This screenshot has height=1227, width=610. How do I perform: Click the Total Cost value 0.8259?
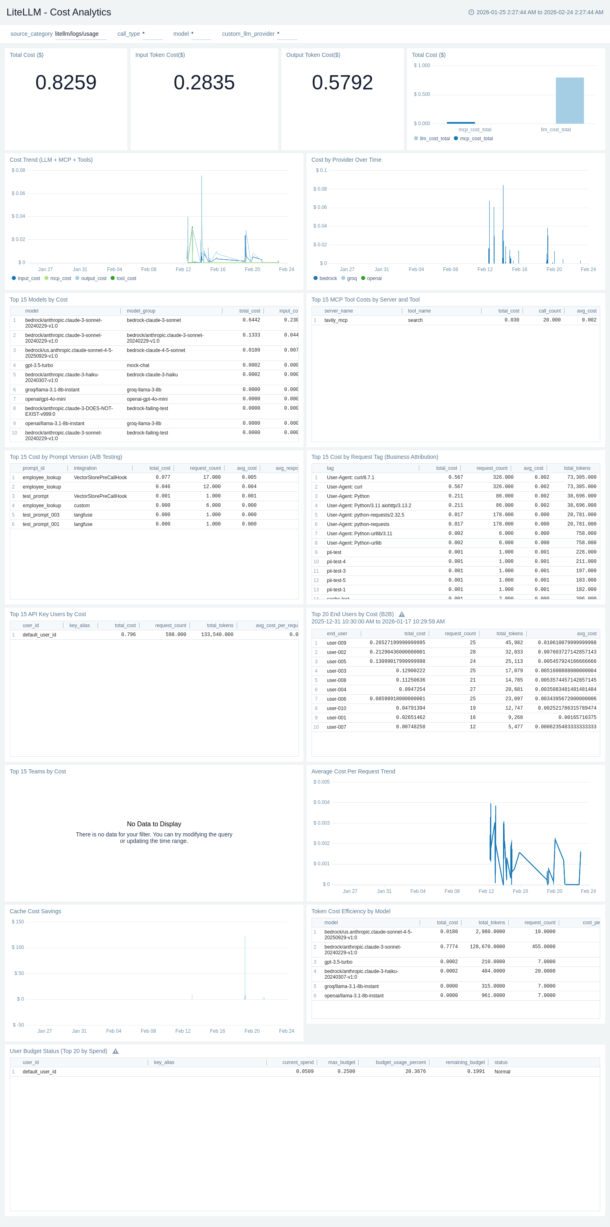click(x=66, y=83)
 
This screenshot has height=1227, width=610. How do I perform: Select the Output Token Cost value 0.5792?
click(x=342, y=83)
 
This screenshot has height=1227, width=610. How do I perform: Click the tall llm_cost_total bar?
click(x=569, y=100)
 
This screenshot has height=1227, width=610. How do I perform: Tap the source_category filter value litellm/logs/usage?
click(x=77, y=34)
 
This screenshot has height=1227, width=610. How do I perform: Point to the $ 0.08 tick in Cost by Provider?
click(x=320, y=189)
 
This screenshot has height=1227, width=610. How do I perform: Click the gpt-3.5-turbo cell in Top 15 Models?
click(x=39, y=365)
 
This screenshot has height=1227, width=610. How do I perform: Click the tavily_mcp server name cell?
click(x=336, y=320)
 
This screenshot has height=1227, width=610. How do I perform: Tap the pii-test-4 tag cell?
click(x=336, y=562)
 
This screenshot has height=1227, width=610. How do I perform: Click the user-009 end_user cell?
click(x=336, y=643)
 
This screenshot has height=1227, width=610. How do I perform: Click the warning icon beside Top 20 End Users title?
click(x=402, y=615)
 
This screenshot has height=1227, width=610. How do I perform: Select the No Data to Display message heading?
click(x=154, y=824)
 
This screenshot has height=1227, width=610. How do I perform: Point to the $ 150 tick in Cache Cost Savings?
click(x=17, y=922)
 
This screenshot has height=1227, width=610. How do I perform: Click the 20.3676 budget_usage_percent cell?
click(x=415, y=1072)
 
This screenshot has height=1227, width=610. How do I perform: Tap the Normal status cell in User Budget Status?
click(x=502, y=1072)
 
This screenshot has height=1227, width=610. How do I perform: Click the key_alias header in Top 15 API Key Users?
click(x=80, y=625)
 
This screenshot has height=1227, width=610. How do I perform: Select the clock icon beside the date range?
click(x=471, y=12)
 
